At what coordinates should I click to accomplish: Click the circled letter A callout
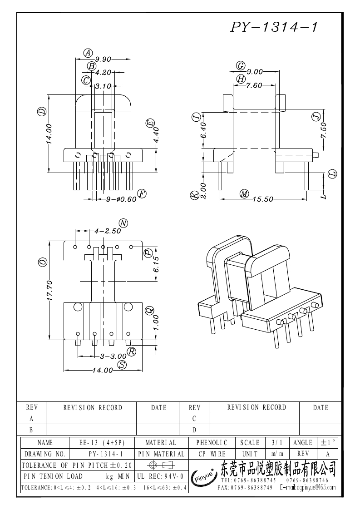[x=89, y=53]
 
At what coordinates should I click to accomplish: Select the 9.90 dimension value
[x=103, y=59]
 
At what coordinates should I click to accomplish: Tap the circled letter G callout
[x=241, y=66]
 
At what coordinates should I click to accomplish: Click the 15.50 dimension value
[x=263, y=199]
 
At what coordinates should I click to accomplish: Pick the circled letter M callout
[x=245, y=194]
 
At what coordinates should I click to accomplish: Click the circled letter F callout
[x=142, y=194]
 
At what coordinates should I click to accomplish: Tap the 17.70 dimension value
[x=50, y=290]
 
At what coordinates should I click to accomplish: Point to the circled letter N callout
[x=123, y=223]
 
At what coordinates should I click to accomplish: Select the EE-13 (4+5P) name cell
[x=102, y=442]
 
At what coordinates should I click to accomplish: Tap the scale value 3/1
[x=276, y=442]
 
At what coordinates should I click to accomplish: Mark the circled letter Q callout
[x=148, y=311]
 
